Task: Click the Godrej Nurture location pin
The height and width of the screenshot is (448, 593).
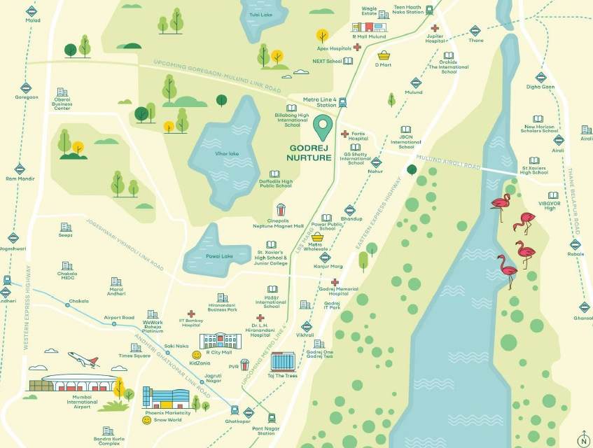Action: coord(322,128)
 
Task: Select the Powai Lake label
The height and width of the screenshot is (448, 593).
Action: coord(218,256)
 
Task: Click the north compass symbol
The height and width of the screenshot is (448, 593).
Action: coord(582,440)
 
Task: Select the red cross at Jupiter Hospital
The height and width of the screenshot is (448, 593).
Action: coord(435,28)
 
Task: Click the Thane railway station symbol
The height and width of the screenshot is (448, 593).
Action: coord(475,31)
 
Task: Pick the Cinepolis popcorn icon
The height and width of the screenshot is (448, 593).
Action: coord(281,209)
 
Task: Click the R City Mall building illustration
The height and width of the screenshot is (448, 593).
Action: coord(220,341)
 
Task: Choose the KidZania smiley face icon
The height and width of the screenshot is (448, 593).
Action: coord(197,355)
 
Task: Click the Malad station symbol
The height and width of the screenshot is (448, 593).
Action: coord(32,11)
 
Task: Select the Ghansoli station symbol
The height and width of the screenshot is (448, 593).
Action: coord(583,307)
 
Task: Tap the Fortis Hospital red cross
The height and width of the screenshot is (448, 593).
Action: coord(344,134)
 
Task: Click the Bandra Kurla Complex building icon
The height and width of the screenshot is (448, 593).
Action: coord(107,431)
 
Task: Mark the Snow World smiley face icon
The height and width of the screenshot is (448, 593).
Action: coord(147,420)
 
